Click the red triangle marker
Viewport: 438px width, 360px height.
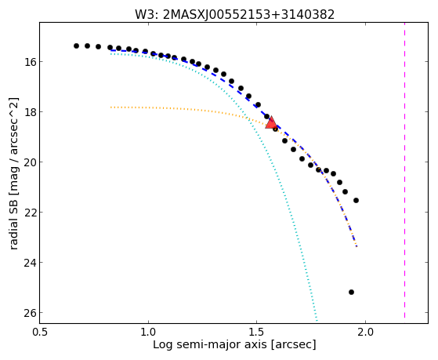tap(271, 123)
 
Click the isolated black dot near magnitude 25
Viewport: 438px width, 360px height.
tap(351, 292)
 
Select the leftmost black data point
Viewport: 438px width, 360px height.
tap(76, 45)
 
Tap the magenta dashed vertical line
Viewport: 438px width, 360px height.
tap(404, 171)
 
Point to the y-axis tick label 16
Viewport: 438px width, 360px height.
tap(29, 61)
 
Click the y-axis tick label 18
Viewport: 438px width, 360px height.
tap(29, 112)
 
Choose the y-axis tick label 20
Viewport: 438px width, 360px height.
tap(29, 162)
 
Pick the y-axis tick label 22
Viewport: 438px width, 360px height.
tap(29, 213)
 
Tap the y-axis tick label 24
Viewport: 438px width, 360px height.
tap(29, 263)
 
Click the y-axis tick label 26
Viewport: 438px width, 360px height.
tap(29, 313)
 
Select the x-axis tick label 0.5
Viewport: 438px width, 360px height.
tap(40, 333)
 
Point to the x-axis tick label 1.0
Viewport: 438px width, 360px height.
tap(148, 333)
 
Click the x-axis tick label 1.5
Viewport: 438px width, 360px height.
tap(257, 333)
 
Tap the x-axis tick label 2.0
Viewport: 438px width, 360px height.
tap(365, 333)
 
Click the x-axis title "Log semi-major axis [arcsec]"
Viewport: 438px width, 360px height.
tap(234, 344)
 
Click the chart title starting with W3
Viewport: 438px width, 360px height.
tap(234, 15)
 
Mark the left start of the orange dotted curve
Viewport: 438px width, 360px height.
tap(111, 107)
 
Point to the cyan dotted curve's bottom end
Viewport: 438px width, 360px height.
tap(317, 321)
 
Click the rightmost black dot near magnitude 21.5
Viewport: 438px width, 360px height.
tap(356, 200)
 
